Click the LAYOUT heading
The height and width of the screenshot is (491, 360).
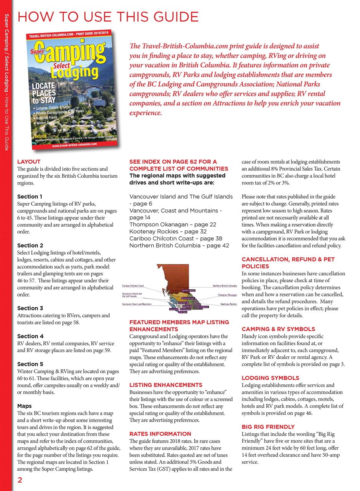(29, 162)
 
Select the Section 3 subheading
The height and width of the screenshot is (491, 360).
(30, 308)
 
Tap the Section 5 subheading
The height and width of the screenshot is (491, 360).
(30, 364)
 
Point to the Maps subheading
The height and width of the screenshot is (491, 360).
(25, 406)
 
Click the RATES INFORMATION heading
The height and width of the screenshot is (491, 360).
(160, 434)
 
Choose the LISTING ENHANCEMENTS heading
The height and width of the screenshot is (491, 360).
(165, 385)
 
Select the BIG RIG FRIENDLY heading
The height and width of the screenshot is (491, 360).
(268, 427)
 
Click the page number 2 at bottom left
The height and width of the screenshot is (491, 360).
(19, 481)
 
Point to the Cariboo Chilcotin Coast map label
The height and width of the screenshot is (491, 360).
(133, 286)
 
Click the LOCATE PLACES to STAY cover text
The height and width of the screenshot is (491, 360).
(45, 92)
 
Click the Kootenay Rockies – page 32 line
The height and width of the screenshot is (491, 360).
(168, 232)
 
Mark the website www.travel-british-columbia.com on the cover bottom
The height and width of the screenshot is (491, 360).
(74, 145)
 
